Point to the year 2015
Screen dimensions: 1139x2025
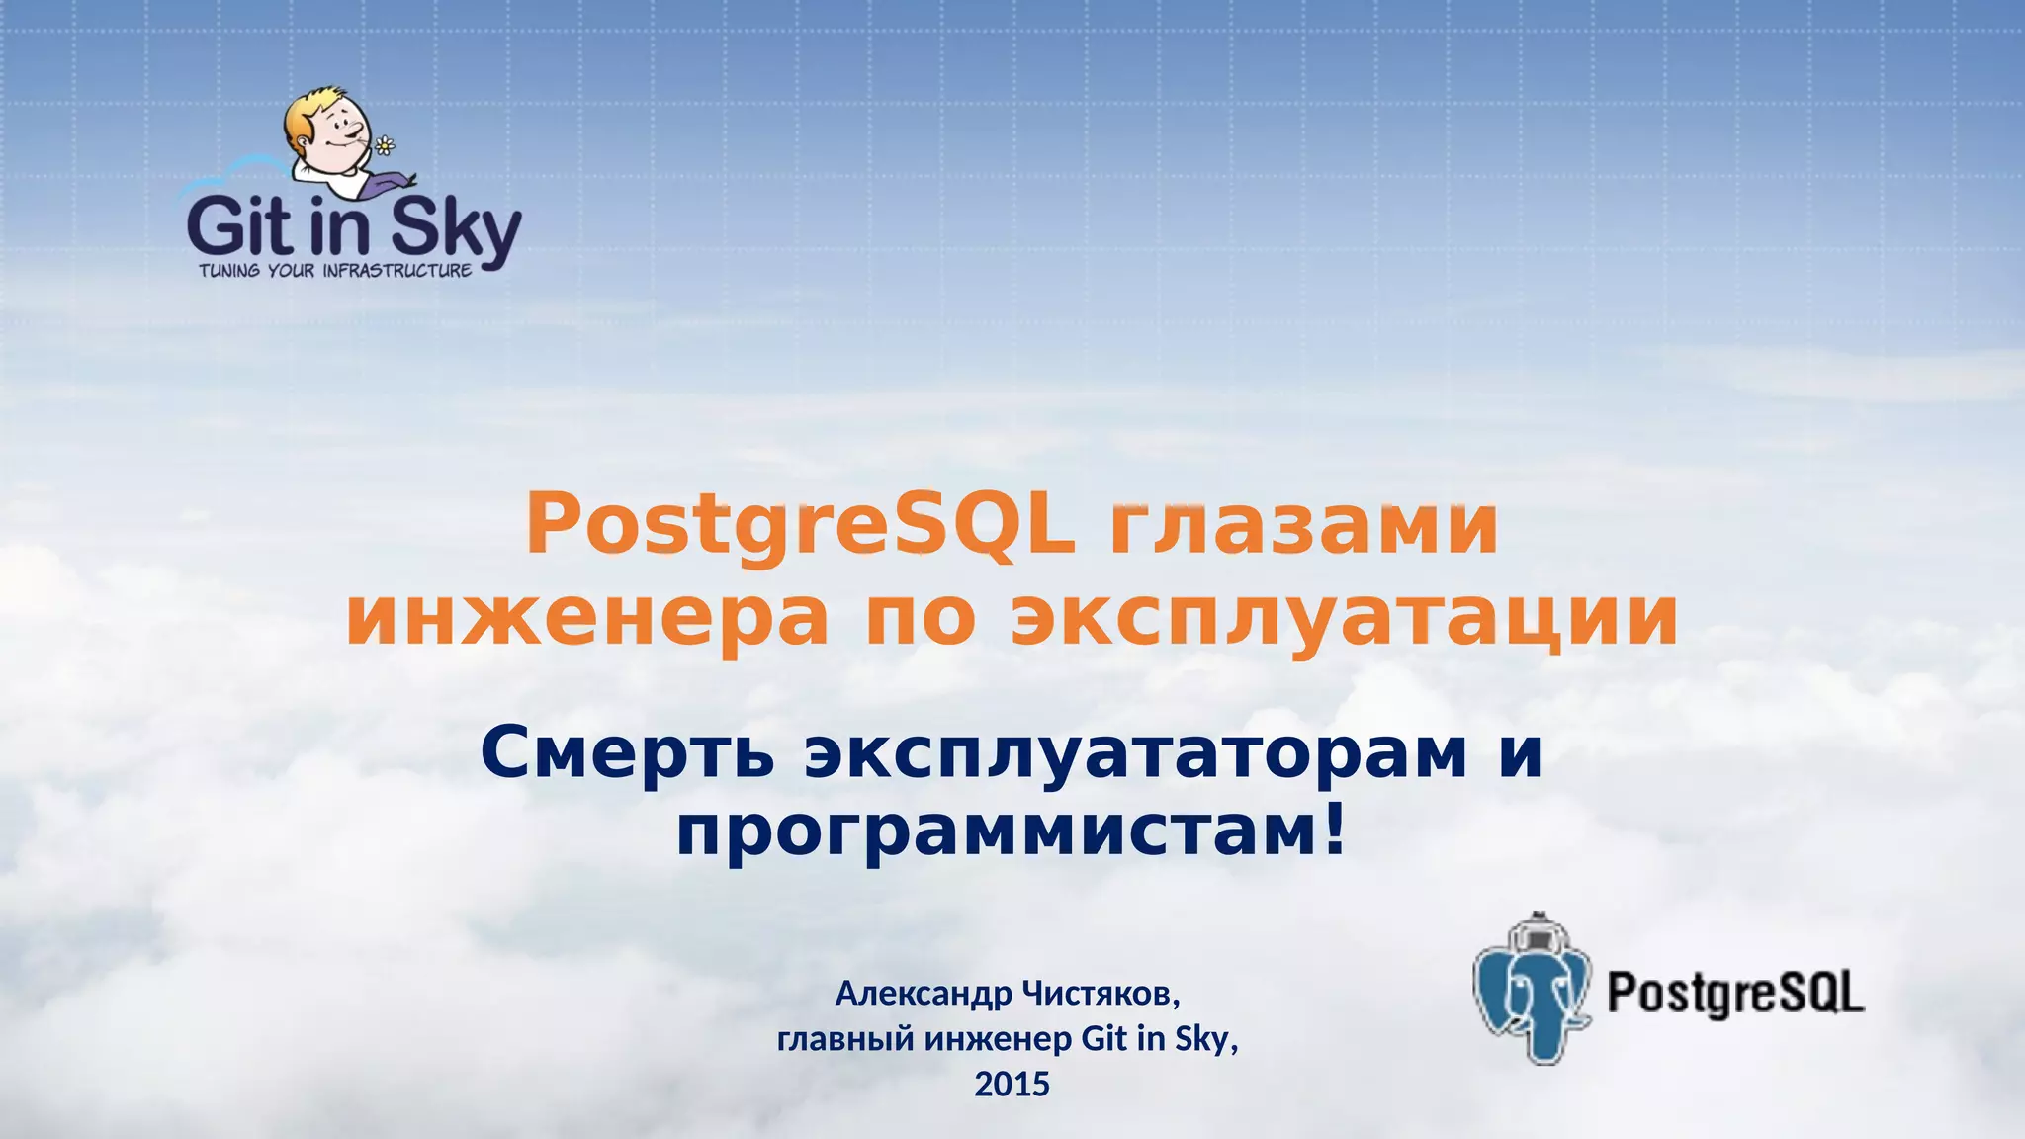click(x=1012, y=1085)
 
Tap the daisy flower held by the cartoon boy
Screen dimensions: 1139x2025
click(x=385, y=147)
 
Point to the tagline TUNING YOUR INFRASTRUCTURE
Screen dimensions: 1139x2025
click(x=335, y=271)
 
